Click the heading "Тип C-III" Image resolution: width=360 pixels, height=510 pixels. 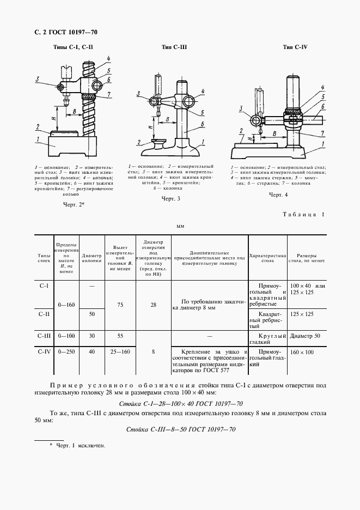tap(174, 47)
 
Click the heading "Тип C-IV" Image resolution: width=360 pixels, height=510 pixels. tap(295, 47)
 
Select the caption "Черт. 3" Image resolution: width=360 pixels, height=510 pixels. tap(170, 199)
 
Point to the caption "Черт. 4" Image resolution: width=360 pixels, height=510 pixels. tap(278, 193)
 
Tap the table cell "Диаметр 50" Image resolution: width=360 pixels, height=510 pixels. tap(306, 337)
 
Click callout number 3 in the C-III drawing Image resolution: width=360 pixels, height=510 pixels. tap(139, 93)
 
